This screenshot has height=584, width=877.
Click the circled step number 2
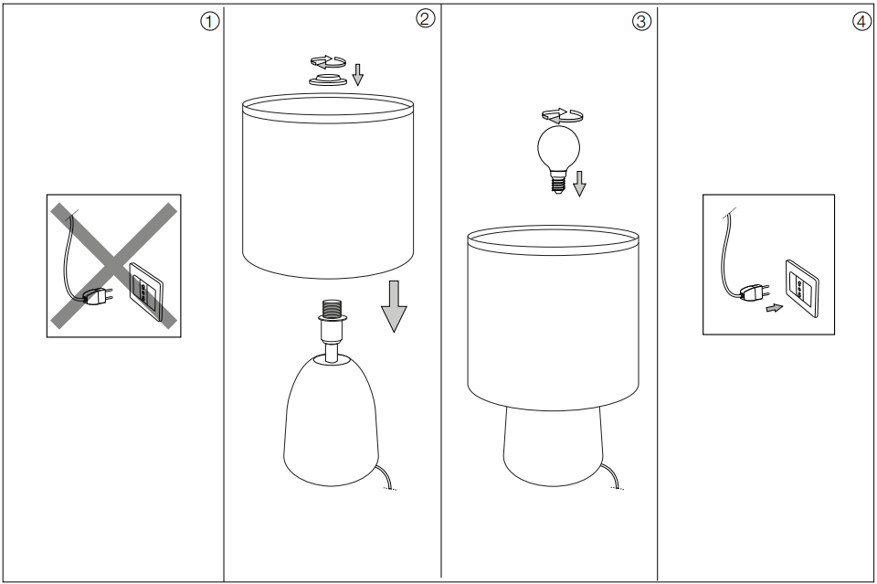click(x=425, y=19)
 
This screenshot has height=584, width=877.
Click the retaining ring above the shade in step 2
click(x=326, y=80)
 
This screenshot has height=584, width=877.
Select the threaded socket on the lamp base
click(x=328, y=311)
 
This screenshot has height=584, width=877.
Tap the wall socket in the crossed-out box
click(x=145, y=288)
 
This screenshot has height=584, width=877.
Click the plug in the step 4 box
click(x=753, y=292)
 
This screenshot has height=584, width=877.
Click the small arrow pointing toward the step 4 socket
click(x=774, y=309)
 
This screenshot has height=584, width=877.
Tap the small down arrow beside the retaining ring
click(x=357, y=74)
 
